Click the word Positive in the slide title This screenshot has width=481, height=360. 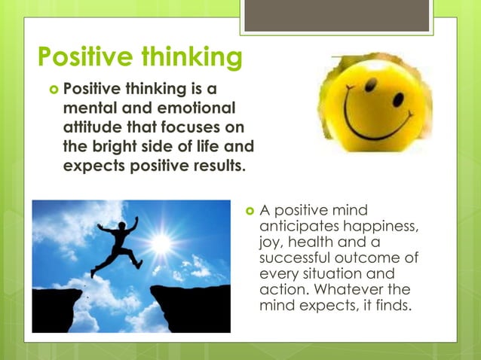(x=82, y=56)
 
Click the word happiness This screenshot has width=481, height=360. (x=379, y=225)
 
